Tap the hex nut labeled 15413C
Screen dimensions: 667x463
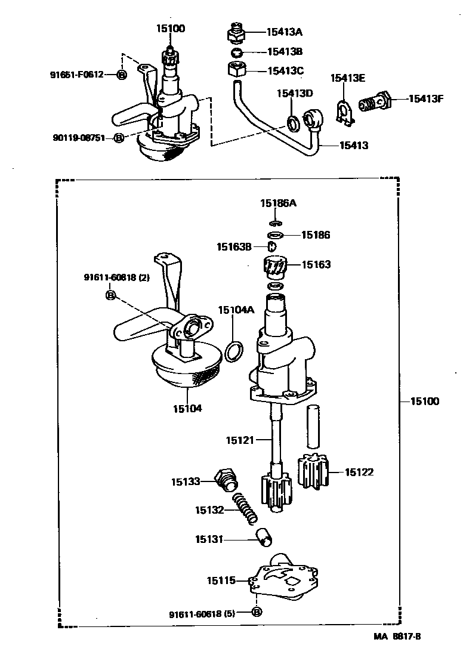[x=237, y=70]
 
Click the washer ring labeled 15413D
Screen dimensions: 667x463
[x=293, y=123]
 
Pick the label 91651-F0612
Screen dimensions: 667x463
[x=77, y=75]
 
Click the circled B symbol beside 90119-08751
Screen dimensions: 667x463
[x=119, y=138]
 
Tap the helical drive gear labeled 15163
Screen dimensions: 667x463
[x=275, y=267]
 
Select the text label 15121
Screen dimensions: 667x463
[x=239, y=440]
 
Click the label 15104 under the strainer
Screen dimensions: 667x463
[x=187, y=409]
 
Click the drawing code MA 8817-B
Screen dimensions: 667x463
[x=398, y=637]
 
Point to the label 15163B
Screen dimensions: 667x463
[x=234, y=246]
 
